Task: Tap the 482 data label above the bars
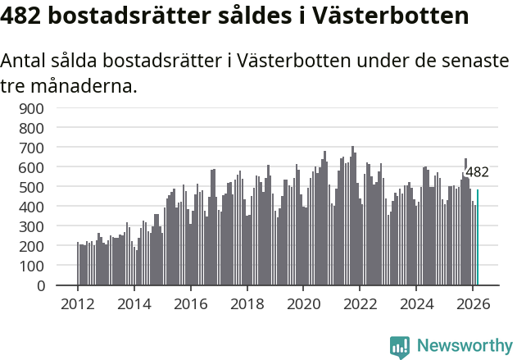(477, 172)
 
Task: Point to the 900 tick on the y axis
(43, 108)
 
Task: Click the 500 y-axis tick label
(43, 187)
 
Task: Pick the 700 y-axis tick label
(43, 148)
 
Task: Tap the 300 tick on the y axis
(43, 226)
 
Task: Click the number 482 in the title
(24, 16)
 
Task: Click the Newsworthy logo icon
(400, 347)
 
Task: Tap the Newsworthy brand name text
(464, 346)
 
